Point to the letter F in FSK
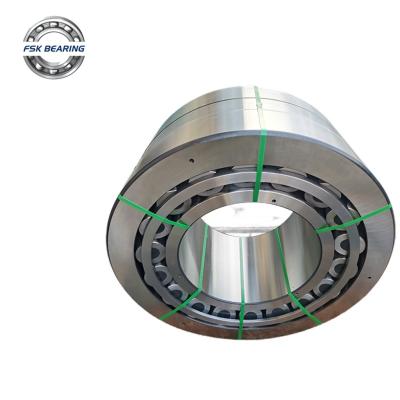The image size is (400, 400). [26, 49]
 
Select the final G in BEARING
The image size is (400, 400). [82, 49]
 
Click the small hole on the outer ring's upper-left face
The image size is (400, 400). [192, 161]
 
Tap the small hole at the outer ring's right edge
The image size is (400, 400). [369, 277]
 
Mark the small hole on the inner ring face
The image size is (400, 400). [273, 201]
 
